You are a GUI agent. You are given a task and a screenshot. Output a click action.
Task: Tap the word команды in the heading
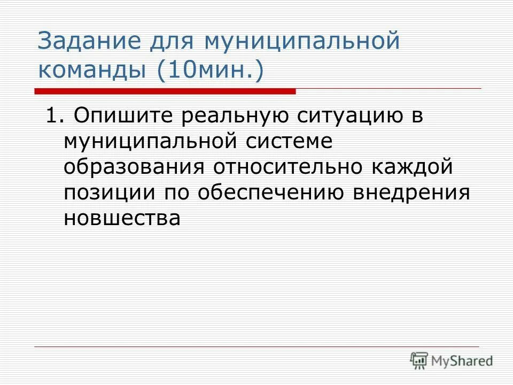94,71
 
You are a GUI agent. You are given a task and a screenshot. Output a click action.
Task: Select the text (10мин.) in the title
210,71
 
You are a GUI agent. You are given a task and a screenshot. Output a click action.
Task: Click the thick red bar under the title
166,91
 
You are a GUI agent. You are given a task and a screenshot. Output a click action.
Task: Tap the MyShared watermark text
463,361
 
